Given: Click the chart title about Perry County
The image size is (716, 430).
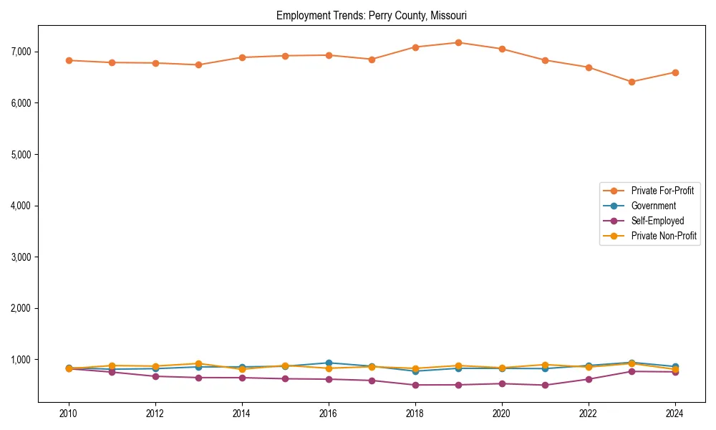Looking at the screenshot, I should tap(372, 15).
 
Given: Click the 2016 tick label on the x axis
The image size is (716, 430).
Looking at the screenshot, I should tap(328, 414).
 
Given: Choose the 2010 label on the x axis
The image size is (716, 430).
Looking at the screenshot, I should tap(69, 414).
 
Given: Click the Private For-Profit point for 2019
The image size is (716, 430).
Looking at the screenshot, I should tap(458, 42).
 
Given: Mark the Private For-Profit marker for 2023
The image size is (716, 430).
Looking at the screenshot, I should tap(632, 82).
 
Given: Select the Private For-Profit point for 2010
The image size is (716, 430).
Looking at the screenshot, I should tap(69, 60).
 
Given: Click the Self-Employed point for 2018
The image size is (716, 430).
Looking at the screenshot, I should tap(415, 385).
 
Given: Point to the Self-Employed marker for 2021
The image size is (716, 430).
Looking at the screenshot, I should tap(545, 385).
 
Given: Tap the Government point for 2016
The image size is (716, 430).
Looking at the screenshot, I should tap(328, 363).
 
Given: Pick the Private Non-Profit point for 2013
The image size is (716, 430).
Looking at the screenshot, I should tap(198, 363).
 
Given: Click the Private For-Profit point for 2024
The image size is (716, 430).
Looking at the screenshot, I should tap(674, 72).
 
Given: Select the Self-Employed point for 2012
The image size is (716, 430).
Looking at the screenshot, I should tap(155, 376).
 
